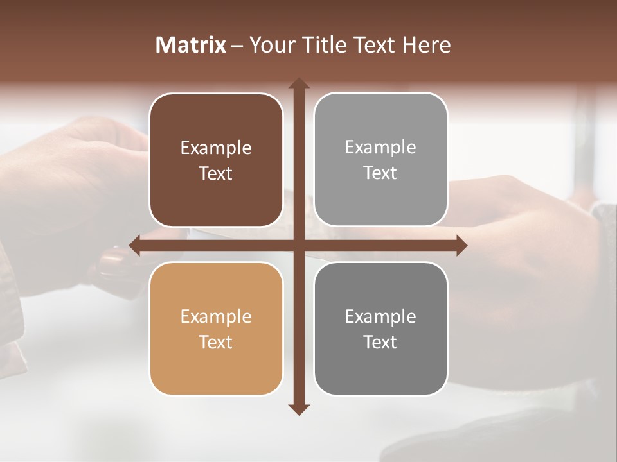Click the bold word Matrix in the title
[191, 45]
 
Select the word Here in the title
[426, 45]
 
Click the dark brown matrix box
[216, 160]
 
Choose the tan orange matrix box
[216, 329]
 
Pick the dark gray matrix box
[380, 329]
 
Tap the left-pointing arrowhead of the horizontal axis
[135, 245]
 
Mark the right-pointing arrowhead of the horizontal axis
[461, 245]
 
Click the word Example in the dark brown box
[216, 148]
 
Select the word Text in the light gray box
[380, 173]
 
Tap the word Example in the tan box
[216, 317]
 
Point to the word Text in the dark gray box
[380, 342]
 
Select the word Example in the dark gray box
[380, 316]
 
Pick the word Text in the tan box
[216, 342]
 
